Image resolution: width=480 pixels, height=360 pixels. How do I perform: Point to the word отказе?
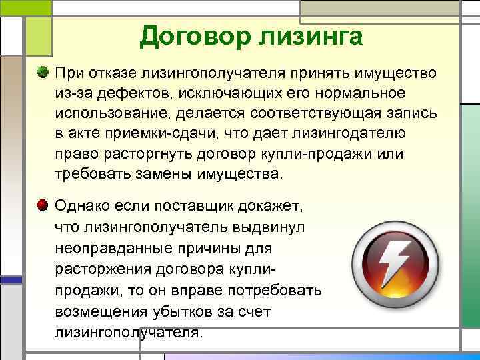(x=105, y=71)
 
